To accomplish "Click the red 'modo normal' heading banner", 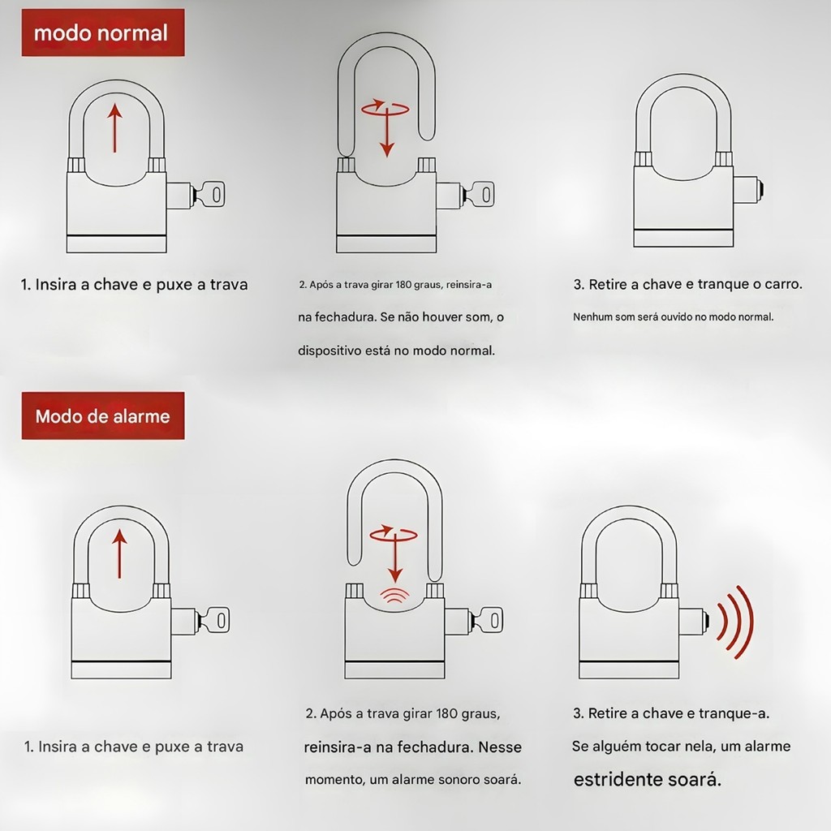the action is click(x=103, y=32).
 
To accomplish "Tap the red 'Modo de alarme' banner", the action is click(x=103, y=415).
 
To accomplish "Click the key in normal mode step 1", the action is click(x=209, y=195).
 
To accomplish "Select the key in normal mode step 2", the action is click(x=479, y=195).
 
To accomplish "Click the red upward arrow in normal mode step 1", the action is click(x=114, y=127).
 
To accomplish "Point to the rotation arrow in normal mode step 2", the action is click(x=385, y=108).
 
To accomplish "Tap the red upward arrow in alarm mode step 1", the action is click(x=120, y=553).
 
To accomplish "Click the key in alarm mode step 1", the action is click(x=214, y=619).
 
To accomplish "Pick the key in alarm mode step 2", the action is click(x=487, y=619).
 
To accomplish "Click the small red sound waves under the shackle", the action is click(x=394, y=596).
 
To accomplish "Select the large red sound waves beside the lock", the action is click(x=734, y=622).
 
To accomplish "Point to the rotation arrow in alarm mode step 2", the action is click(x=394, y=533).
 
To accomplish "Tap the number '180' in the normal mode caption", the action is click(x=404, y=285).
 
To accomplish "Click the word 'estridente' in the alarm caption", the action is click(x=617, y=780).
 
